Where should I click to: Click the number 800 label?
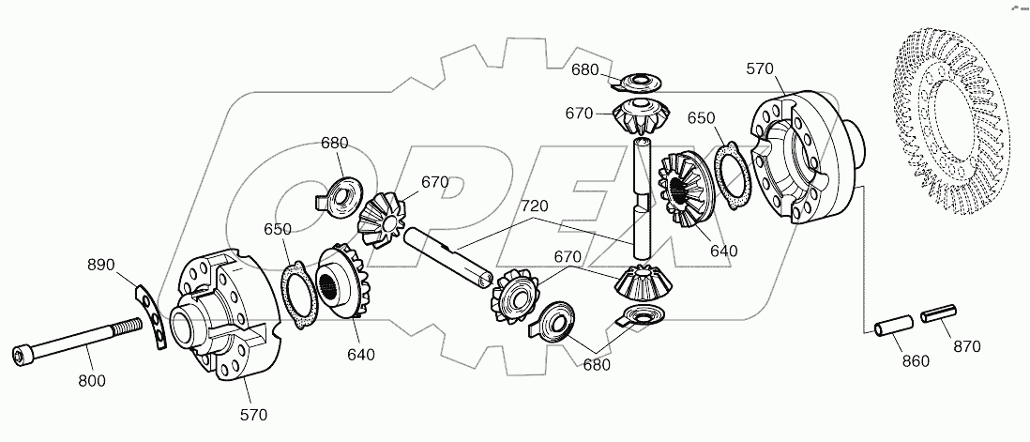pyautogui.click(x=92, y=380)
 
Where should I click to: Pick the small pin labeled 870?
pyautogui.click(x=939, y=313)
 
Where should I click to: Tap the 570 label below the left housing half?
pyautogui.click(x=253, y=414)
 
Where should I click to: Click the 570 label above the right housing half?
pyautogui.click(x=762, y=68)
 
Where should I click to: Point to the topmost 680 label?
pyautogui.click(x=584, y=70)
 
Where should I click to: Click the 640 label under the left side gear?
pyautogui.click(x=360, y=355)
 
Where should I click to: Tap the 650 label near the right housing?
pyautogui.click(x=701, y=118)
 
